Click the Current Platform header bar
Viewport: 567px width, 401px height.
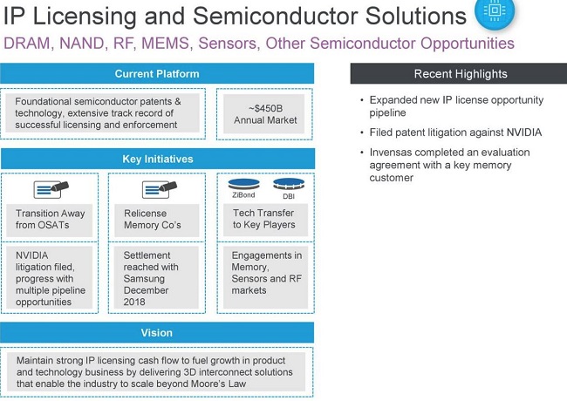pos(157,74)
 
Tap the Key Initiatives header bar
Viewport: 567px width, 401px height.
pos(157,159)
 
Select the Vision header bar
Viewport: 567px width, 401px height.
pos(157,333)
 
